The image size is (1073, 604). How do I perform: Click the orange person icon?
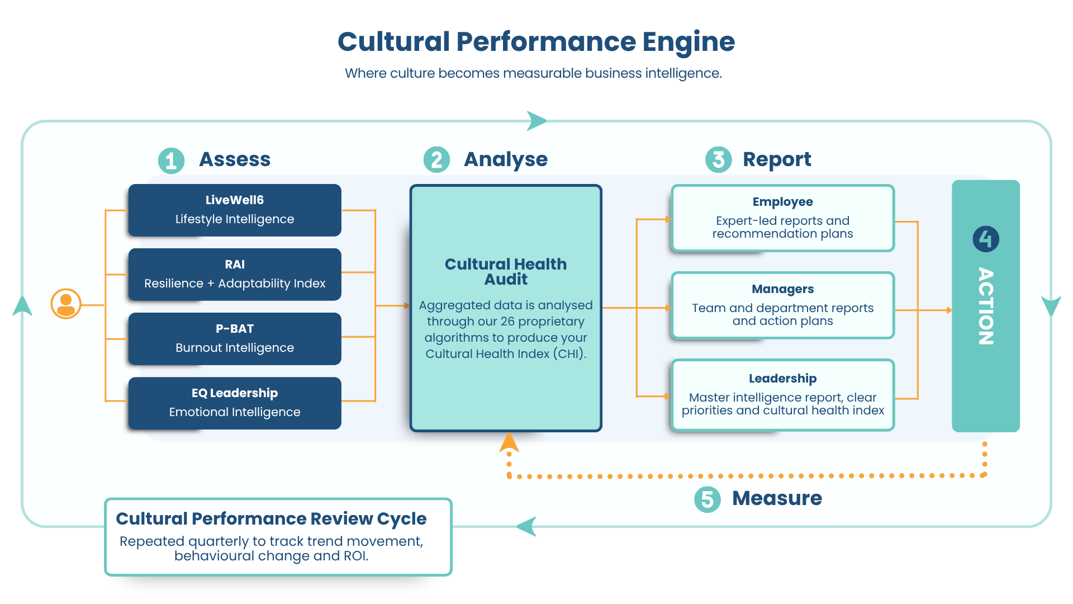[x=66, y=304]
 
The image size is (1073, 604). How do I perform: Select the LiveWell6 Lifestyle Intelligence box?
[x=235, y=210]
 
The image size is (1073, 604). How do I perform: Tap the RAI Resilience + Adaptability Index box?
[x=235, y=274]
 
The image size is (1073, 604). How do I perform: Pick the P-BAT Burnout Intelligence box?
[x=235, y=338]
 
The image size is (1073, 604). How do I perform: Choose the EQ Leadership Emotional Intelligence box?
[x=235, y=403]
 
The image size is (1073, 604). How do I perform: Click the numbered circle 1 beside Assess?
[x=171, y=161]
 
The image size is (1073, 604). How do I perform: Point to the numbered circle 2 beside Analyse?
[x=436, y=160]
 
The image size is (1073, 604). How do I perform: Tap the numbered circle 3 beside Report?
[x=718, y=160]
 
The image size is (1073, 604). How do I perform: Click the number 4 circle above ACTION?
[x=986, y=239]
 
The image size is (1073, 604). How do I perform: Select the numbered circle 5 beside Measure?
[x=707, y=499]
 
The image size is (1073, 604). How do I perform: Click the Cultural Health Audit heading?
[x=505, y=271]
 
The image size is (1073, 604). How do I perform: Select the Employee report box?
[x=782, y=218]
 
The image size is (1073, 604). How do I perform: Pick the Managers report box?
[x=782, y=305]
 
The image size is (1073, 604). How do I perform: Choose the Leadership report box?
[x=782, y=395]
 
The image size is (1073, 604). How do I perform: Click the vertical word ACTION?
[x=986, y=306]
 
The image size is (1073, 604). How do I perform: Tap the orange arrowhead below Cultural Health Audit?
[x=509, y=442]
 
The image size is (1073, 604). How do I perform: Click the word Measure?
[x=777, y=498]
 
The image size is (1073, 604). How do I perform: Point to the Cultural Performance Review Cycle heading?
[x=271, y=518]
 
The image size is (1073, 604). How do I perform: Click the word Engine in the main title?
[x=688, y=43]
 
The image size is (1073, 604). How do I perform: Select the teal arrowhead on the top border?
[x=536, y=120]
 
